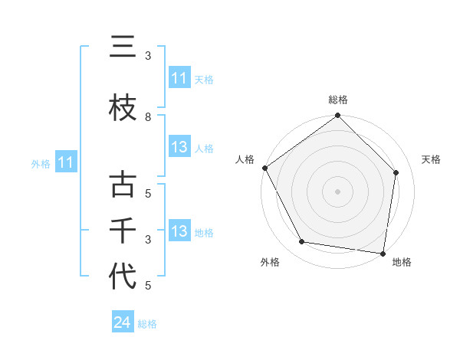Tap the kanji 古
(123, 185)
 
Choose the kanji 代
(123, 277)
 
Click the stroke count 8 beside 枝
(148, 117)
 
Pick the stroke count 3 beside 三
(148, 56)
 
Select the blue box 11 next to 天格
(179, 78)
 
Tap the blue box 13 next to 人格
(179, 147)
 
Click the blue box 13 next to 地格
(179, 231)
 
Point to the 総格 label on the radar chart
(337, 100)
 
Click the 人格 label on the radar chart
(245, 159)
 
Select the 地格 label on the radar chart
(402, 262)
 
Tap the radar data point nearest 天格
(396, 172)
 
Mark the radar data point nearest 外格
(302, 242)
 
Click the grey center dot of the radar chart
(337, 191)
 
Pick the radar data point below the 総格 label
(337, 116)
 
